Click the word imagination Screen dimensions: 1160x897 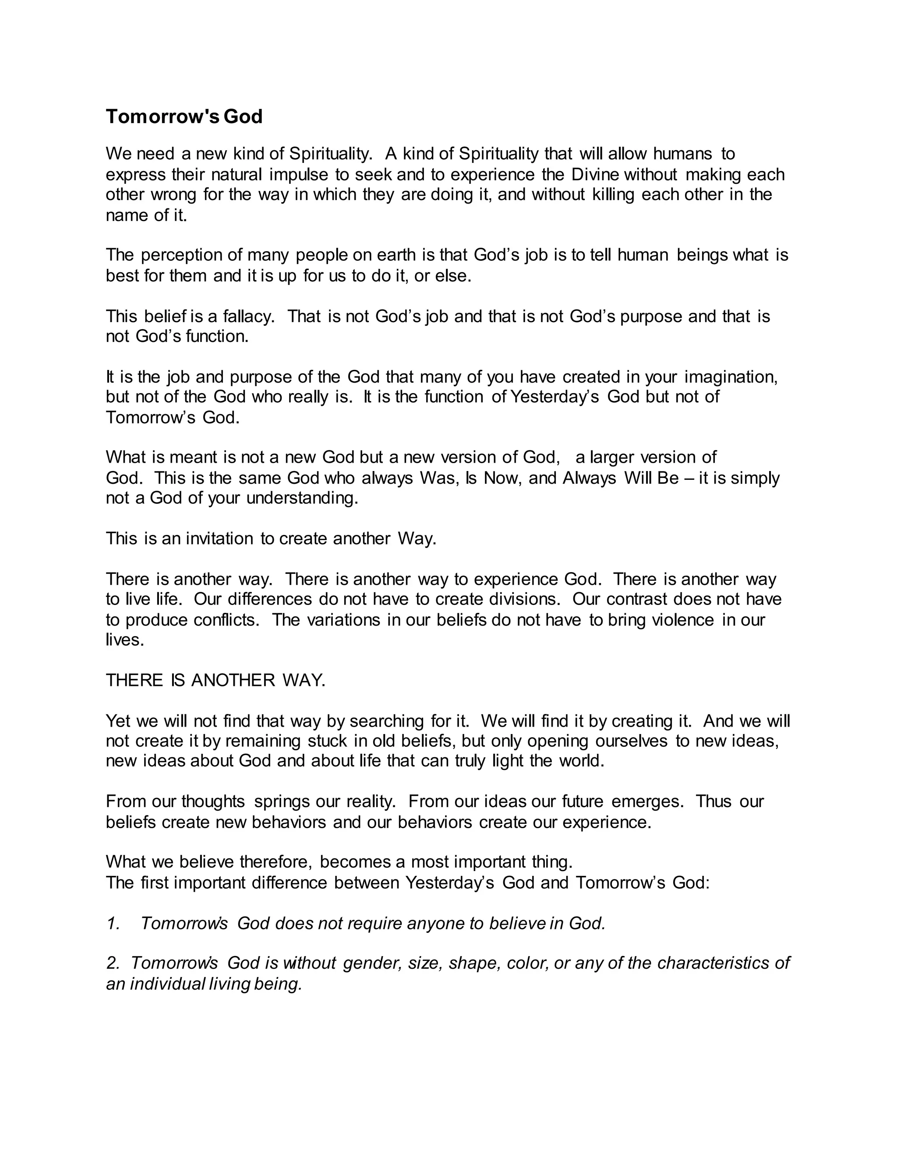(x=731, y=377)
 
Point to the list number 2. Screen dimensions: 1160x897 (x=113, y=963)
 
